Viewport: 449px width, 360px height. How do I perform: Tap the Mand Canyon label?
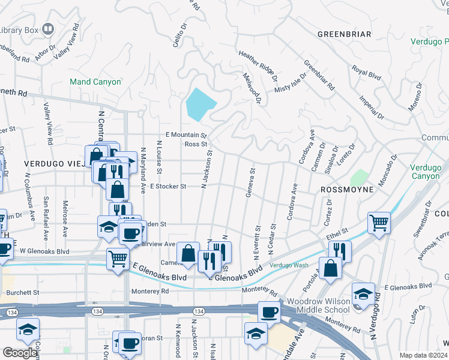[95, 82]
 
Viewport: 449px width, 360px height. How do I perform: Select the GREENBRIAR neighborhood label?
[344, 34]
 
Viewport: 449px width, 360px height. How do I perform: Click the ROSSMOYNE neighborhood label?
[347, 189]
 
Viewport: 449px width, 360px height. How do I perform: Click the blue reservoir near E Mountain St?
[200, 104]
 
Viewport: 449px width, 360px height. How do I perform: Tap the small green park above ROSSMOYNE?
[360, 178]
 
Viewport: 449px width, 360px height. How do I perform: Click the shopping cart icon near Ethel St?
[379, 223]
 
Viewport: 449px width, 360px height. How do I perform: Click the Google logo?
[20, 353]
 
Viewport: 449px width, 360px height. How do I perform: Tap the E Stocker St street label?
[168, 187]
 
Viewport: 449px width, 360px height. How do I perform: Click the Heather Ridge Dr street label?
[258, 65]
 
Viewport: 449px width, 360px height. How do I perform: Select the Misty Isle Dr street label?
[291, 82]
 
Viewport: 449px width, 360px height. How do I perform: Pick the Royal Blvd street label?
[366, 73]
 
